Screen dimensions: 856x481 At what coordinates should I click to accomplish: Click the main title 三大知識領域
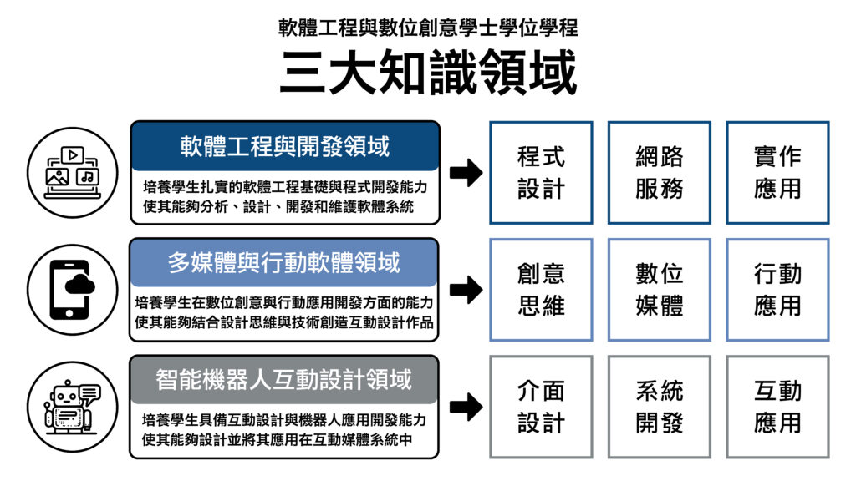428,72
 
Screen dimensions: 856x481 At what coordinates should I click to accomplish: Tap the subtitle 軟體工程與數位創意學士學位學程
428,28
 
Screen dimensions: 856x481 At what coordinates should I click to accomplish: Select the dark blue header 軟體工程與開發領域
285,146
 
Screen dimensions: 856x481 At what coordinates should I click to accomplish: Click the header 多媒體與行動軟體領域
284,263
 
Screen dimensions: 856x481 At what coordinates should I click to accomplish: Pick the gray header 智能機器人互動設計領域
284,380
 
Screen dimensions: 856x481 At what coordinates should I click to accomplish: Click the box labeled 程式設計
541,172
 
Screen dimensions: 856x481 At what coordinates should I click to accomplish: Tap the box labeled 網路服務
660,172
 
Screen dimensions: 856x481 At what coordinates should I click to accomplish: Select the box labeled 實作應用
778,172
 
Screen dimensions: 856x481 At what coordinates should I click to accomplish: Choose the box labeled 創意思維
541,290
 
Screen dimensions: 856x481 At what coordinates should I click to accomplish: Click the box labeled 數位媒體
660,290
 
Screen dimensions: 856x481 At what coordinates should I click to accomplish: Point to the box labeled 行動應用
778,290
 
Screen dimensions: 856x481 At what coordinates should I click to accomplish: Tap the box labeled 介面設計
541,407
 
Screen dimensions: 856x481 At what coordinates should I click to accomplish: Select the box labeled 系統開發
660,407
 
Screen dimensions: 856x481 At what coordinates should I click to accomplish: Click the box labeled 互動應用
778,407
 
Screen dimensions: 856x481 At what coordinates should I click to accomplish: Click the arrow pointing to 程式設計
466,173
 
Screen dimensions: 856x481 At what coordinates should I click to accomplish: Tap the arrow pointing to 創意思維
466,290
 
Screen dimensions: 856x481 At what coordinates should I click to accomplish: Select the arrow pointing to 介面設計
466,407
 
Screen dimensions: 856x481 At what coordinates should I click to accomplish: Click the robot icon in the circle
72,407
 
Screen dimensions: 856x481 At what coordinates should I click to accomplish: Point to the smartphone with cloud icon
71,290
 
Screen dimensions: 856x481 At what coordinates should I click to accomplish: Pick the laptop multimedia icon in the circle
72,172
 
